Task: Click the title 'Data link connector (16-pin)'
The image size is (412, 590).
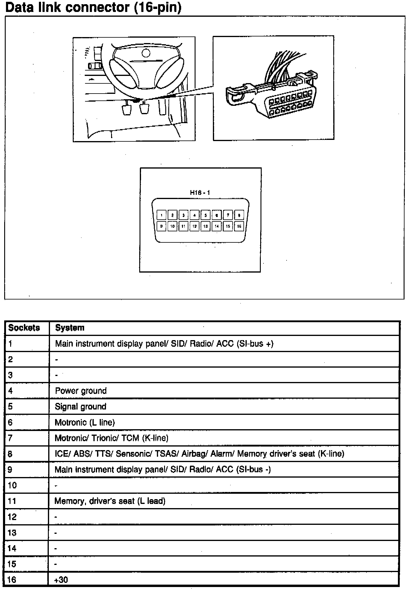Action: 93,7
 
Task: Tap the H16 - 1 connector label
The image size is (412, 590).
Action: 200,193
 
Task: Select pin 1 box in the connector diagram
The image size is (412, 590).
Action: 161,215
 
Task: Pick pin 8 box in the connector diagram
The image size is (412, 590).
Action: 239,215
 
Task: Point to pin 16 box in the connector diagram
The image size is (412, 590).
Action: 239,226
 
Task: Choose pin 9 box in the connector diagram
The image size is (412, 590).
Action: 161,226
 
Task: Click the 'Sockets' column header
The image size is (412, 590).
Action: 24,328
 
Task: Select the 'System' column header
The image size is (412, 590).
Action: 70,328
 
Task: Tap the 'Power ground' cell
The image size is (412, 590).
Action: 81,391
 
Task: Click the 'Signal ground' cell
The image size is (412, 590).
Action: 81,406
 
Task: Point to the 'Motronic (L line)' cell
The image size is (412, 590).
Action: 85,422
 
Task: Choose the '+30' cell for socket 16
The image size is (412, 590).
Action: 61,580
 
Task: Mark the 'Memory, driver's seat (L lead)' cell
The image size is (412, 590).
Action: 110,501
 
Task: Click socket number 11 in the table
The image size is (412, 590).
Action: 12,501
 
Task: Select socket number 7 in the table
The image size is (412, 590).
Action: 10,438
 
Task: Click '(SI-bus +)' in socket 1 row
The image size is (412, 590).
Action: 255,344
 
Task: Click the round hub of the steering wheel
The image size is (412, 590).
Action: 146,53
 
